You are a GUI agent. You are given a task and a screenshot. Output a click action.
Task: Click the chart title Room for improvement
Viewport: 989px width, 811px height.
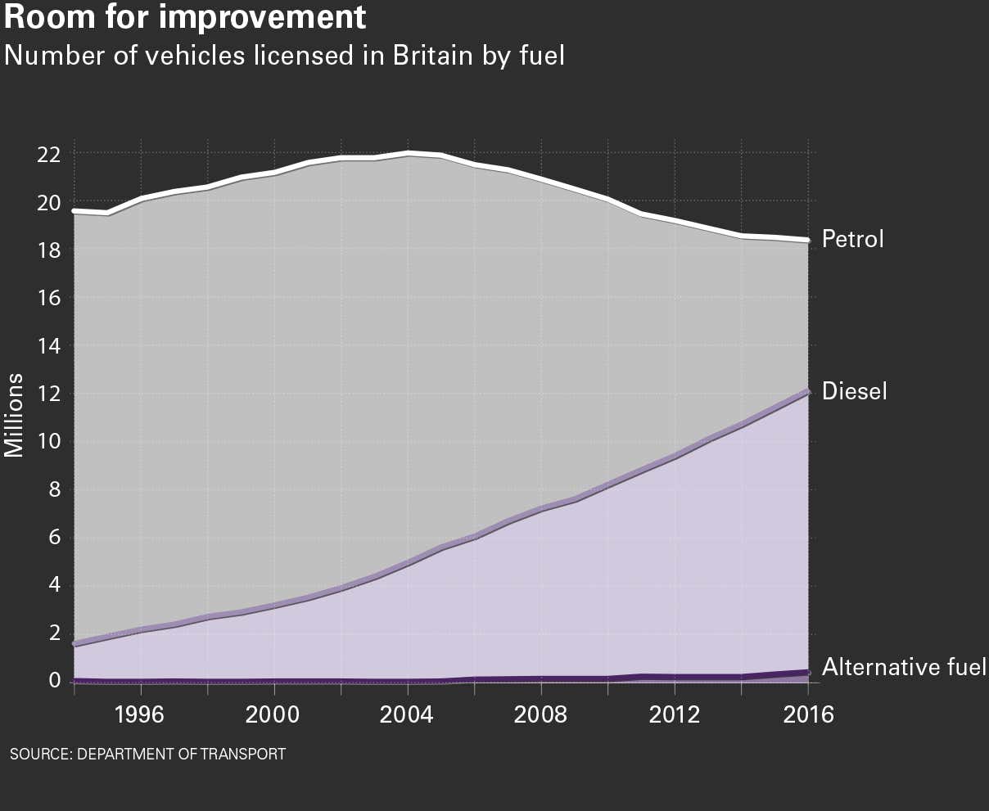pos(185,17)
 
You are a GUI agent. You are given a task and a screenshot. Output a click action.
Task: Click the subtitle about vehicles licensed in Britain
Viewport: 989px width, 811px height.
pos(284,56)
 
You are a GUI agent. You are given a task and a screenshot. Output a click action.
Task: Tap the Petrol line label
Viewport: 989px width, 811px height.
pos(852,240)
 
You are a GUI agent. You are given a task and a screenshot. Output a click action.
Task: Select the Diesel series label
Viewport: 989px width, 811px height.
pos(854,391)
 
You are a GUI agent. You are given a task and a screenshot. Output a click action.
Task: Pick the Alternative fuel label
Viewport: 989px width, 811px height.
pos(904,667)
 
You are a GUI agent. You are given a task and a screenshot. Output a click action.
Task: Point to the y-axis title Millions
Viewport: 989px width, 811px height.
pos(15,415)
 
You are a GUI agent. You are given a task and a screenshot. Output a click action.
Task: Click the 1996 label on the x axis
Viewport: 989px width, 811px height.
pos(141,714)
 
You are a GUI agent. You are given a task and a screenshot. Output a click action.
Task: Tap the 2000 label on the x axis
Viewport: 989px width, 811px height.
pos(274,714)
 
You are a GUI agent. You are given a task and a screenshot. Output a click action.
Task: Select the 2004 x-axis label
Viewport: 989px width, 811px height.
pos(408,714)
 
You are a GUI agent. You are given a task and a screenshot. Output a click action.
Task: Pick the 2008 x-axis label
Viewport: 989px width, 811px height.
pos(541,714)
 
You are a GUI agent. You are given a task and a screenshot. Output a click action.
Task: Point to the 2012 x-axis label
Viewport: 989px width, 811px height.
pos(675,714)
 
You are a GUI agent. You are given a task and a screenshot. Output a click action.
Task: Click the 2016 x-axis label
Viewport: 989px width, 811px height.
pos(808,714)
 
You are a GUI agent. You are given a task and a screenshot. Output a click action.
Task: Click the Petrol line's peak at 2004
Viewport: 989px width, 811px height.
pos(408,153)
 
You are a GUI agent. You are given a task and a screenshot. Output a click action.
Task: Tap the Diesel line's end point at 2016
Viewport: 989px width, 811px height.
pos(808,392)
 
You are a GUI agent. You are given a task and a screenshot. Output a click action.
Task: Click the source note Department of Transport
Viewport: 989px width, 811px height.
pos(147,754)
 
